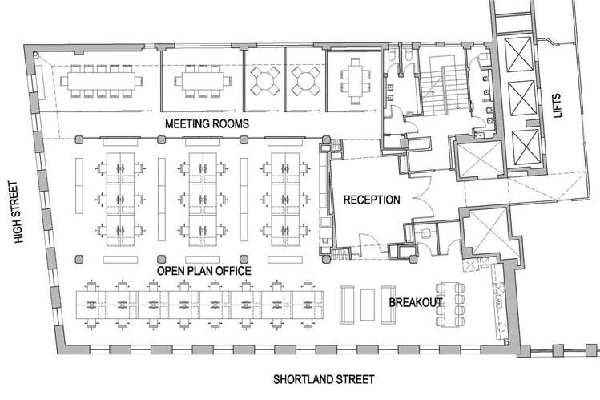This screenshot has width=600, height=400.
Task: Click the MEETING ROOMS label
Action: point(207,124)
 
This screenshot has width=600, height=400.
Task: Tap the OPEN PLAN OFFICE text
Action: point(203,272)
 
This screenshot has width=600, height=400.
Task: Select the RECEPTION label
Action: point(371,200)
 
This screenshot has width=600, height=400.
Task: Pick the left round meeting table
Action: point(265,79)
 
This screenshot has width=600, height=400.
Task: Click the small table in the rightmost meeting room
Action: point(352,79)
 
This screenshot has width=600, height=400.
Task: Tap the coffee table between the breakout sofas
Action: point(368,304)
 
